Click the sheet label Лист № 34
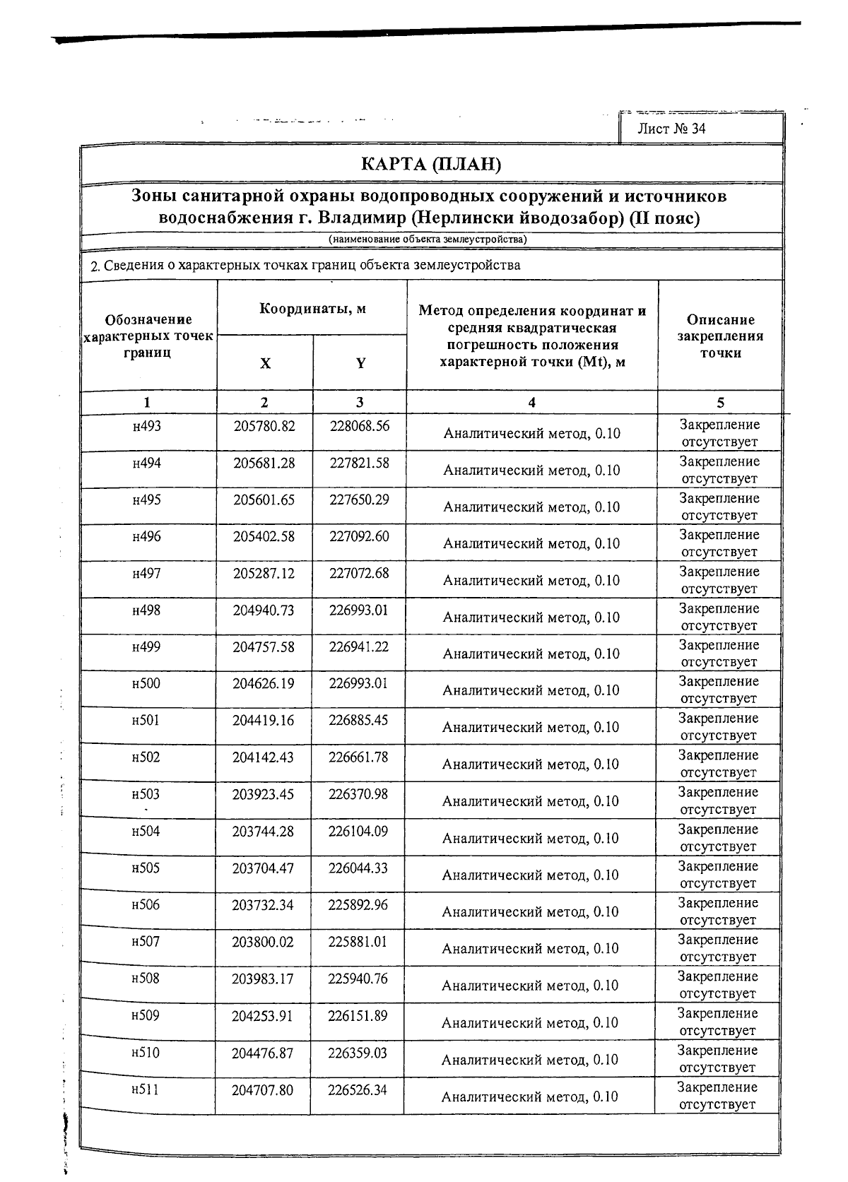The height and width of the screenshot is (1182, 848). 671,128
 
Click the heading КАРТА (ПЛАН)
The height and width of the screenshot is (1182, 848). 430,165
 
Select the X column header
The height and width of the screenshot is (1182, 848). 265,363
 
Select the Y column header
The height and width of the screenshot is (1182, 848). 360,363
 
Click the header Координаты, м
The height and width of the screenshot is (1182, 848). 312,309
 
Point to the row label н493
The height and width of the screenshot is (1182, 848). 147,426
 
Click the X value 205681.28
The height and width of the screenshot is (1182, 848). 264,463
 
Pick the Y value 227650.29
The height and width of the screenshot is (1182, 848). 359,500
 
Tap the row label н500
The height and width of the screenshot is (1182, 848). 146,683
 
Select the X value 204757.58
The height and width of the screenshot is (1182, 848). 264,646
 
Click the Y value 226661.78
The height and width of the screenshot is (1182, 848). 358,757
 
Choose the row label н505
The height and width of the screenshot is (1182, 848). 146,868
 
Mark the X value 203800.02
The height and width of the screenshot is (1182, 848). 263,941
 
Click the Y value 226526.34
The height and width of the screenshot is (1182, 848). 358,1089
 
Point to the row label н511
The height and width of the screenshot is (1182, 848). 145,1089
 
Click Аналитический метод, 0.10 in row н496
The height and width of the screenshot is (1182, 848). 531,543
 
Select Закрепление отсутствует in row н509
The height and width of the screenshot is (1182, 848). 719,1022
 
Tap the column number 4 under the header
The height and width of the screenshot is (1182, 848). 531,403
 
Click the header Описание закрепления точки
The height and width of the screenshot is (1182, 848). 721,336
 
